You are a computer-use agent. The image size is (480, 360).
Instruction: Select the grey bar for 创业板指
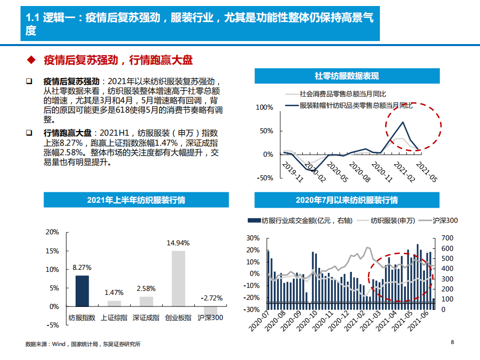click(x=178, y=278)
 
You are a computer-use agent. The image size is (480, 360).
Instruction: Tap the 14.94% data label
click(x=178, y=243)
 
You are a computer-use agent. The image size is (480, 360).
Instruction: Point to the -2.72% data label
click(x=211, y=298)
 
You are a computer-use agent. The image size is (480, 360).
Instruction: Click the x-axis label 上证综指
click(x=114, y=317)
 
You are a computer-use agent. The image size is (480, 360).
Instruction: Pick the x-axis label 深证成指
click(x=146, y=317)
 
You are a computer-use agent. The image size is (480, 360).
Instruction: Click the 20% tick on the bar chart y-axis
click(x=52, y=232)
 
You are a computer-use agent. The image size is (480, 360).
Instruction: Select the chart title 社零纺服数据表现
click(x=347, y=76)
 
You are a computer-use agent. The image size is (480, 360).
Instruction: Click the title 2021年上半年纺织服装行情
click(x=136, y=200)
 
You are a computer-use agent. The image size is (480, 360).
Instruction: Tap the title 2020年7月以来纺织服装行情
click(x=347, y=200)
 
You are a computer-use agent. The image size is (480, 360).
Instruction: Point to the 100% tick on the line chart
click(x=264, y=107)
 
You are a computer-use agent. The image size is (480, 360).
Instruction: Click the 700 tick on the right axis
click(x=447, y=238)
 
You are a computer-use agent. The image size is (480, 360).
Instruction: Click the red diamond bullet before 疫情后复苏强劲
click(x=31, y=61)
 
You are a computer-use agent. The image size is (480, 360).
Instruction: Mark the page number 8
click(x=452, y=342)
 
